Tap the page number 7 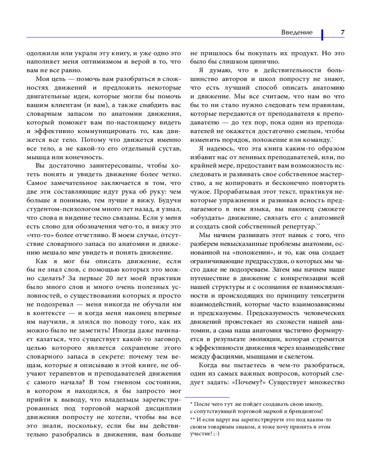pos(342,32)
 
